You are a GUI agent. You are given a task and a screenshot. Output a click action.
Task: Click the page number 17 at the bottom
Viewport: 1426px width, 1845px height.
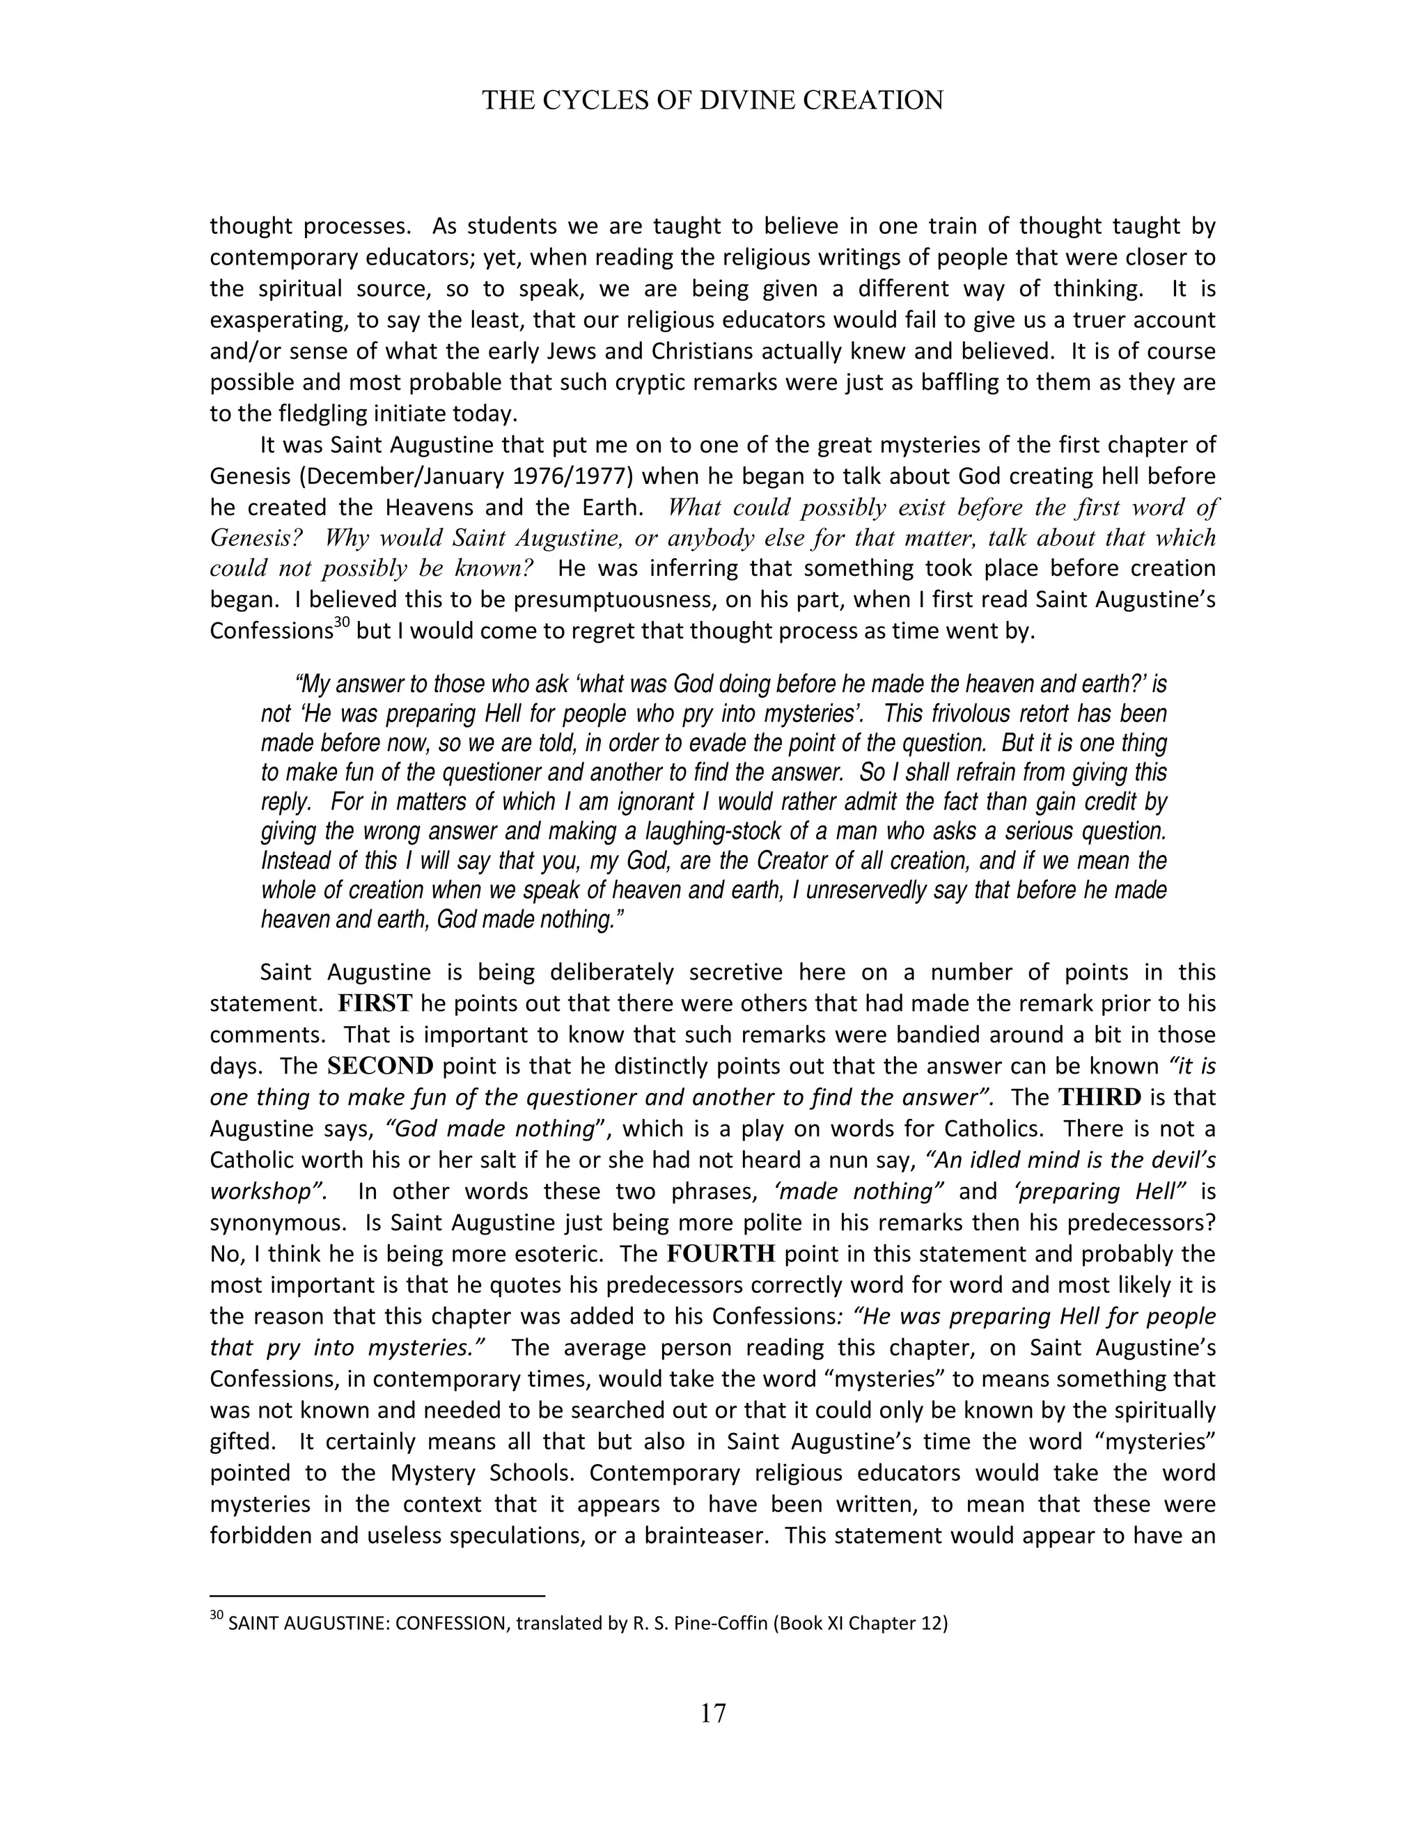coord(713,1713)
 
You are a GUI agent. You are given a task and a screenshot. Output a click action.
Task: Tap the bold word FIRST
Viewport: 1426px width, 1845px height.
coord(375,1003)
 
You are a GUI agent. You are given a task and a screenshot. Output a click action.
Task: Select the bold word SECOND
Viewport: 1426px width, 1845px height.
coord(380,1066)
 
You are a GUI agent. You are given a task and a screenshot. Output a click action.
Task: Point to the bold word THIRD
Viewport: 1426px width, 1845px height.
coord(1099,1097)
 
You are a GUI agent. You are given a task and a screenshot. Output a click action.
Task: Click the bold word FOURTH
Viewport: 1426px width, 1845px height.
coord(721,1254)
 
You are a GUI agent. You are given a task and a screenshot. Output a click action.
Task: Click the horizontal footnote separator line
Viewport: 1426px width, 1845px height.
coord(377,1596)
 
